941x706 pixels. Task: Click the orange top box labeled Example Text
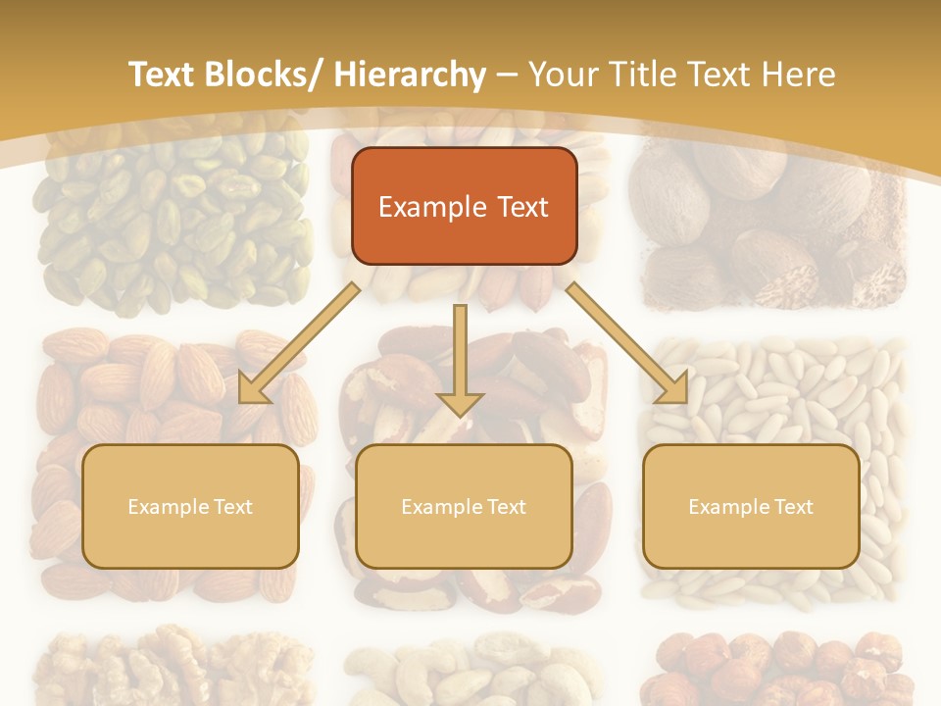coord(464,207)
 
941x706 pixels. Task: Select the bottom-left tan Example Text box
coord(190,506)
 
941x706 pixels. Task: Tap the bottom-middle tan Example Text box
coord(464,506)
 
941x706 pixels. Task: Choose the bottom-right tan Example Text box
coord(751,506)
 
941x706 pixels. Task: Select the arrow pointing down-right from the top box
coord(627,343)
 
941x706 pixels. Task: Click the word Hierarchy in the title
coord(410,75)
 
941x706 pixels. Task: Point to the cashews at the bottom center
coord(470,672)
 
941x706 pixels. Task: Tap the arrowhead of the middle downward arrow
coord(460,402)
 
